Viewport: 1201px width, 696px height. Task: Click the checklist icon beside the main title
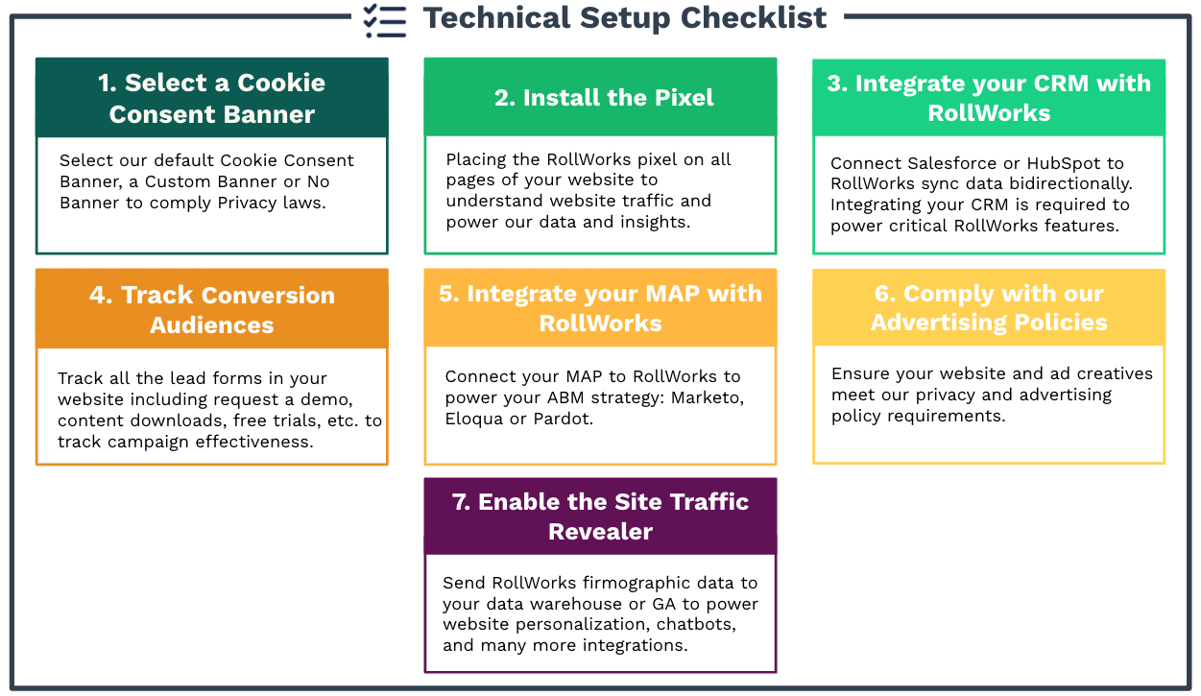coord(384,20)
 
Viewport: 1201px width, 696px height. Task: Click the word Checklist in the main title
coord(754,17)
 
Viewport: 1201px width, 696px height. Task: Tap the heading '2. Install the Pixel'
coord(604,98)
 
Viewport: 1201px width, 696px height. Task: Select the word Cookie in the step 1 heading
coord(281,83)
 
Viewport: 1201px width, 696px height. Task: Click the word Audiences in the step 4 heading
coord(212,324)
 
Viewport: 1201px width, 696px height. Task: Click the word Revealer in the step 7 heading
coord(601,532)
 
